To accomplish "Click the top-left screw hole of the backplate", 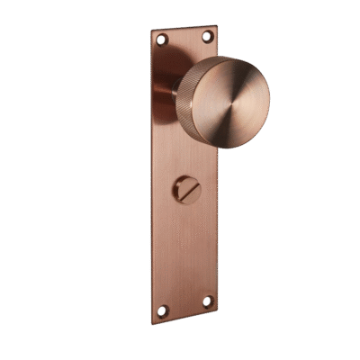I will [x=162, y=40].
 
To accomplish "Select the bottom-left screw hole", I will [x=162, y=310].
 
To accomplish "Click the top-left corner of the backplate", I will [x=150, y=29].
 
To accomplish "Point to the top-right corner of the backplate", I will [x=217, y=24].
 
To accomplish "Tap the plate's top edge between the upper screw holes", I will [x=184, y=27].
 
